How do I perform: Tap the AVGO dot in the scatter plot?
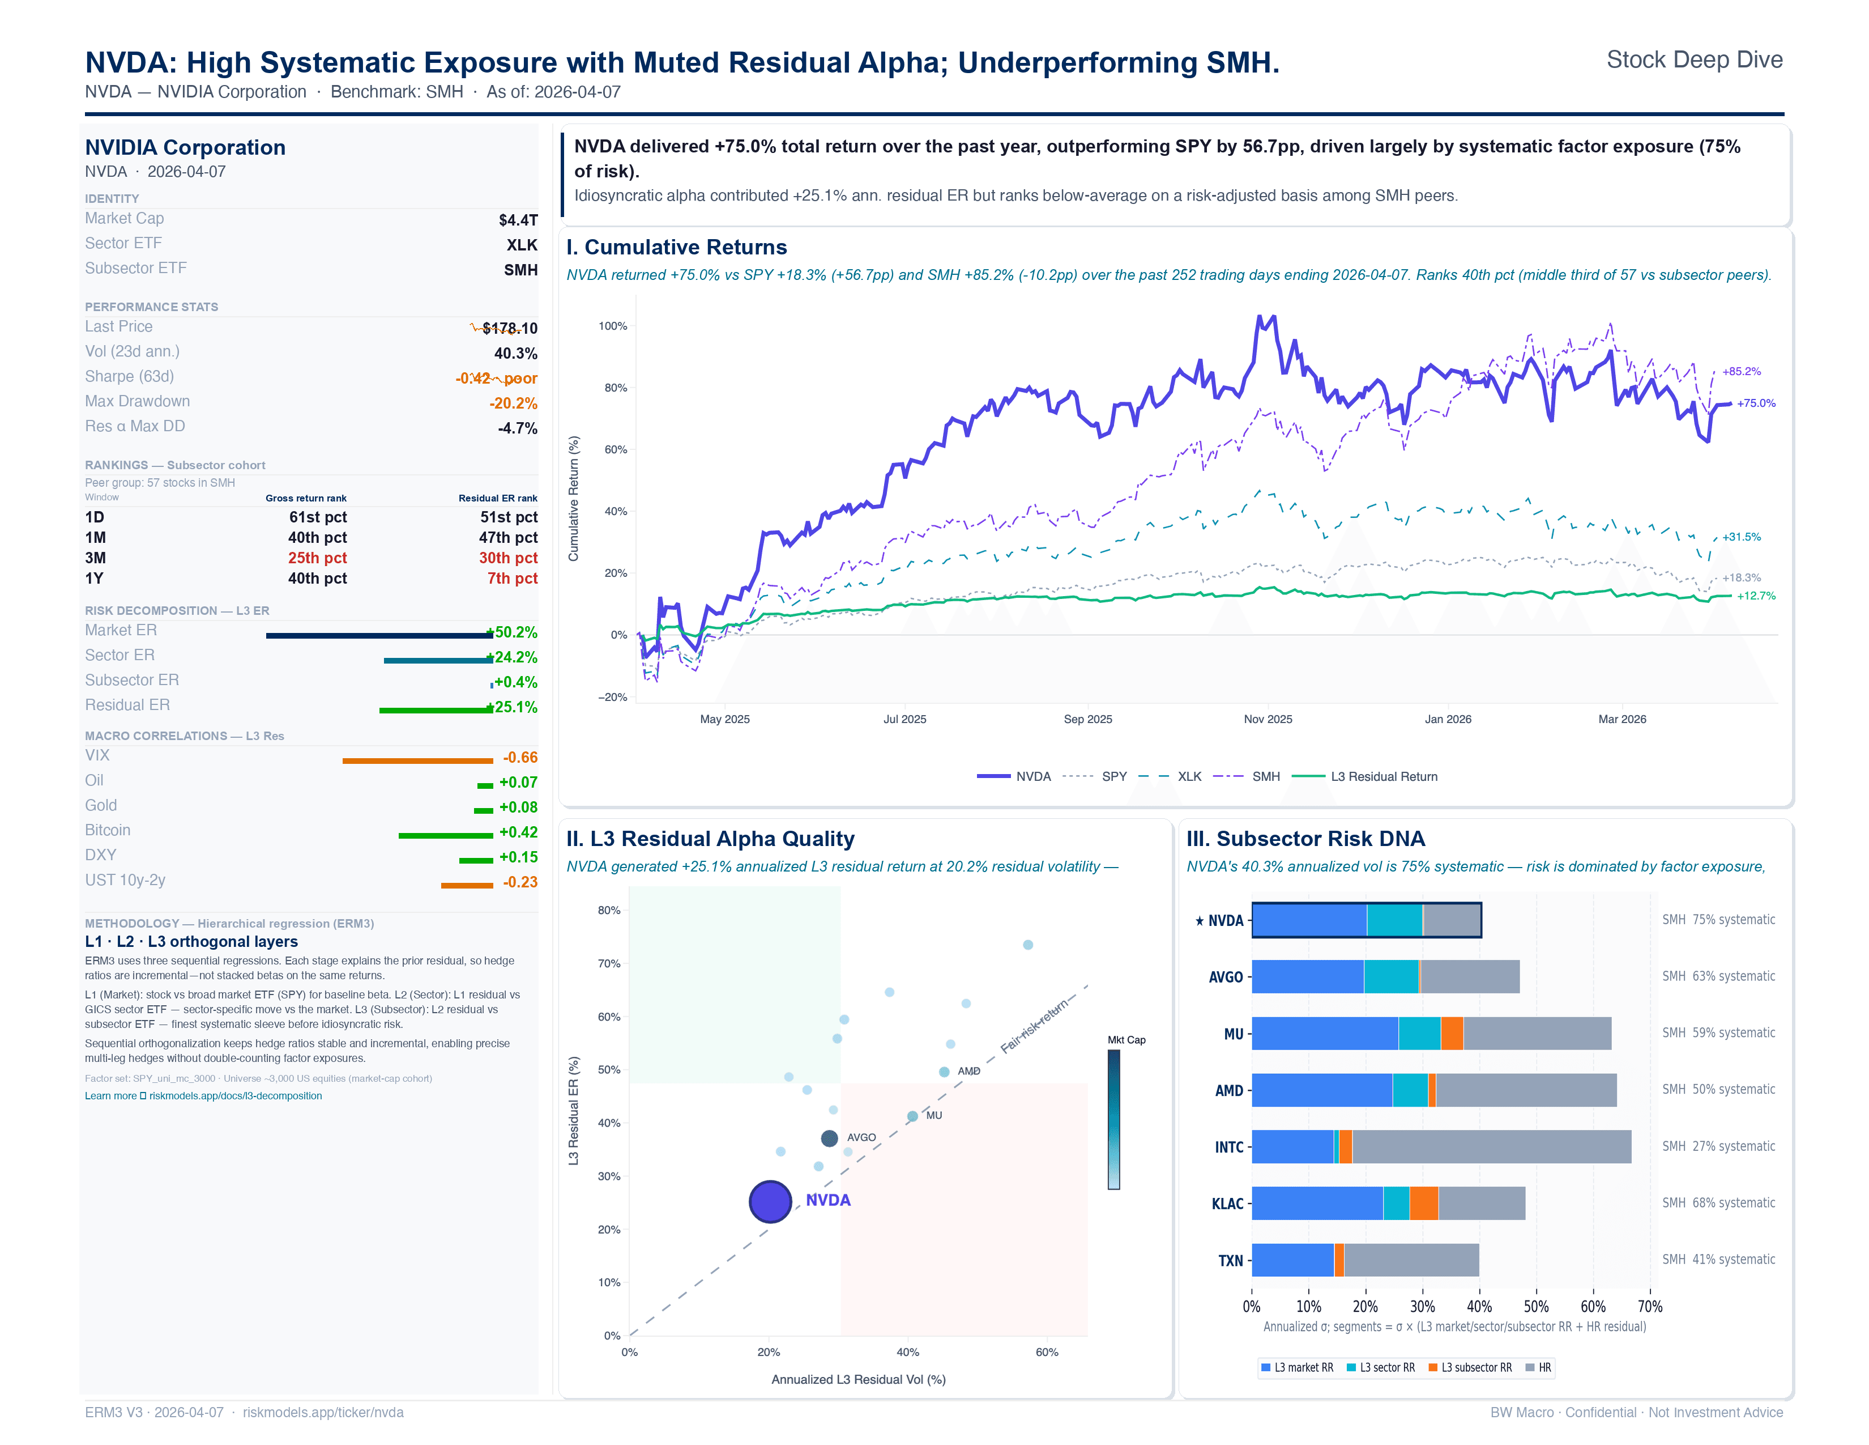(x=829, y=1138)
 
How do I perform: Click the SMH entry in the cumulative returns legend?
(x=1265, y=776)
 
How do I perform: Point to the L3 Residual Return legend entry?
(x=1383, y=776)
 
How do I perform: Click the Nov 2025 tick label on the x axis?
(x=1268, y=719)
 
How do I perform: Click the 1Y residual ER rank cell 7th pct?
(x=512, y=579)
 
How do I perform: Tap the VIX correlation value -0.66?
(x=519, y=758)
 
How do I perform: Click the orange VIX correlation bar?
(x=417, y=760)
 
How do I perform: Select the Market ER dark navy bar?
(x=379, y=635)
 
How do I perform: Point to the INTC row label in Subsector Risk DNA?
(x=1229, y=1147)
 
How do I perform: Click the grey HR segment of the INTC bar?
(x=1491, y=1147)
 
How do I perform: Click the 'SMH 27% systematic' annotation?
(x=1718, y=1146)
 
